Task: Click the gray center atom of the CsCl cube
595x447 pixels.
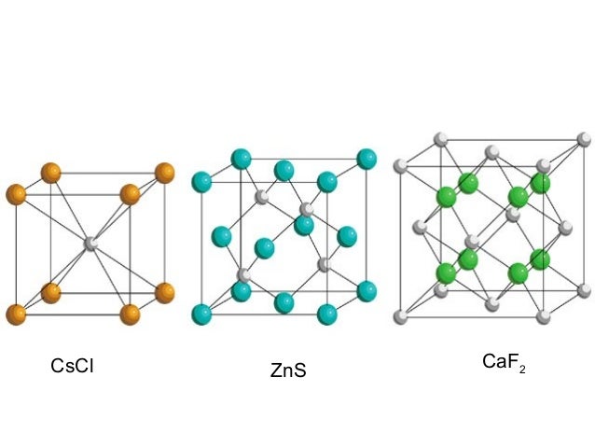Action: pos(91,243)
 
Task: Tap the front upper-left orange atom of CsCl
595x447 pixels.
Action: pos(16,194)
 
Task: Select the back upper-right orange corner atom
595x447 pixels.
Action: pos(164,173)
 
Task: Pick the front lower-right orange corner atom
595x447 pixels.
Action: pos(130,314)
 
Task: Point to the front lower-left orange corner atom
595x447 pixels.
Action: pos(16,314)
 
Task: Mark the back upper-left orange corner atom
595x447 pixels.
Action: pos(50,173)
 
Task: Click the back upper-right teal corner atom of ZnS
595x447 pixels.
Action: pos(367,159)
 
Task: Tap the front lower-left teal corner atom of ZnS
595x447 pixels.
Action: pos(201,313)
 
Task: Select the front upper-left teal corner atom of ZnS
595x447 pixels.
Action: pos(201,180)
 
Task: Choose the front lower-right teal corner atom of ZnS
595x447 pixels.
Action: pos(327,313)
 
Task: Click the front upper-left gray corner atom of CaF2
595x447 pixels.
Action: pos(402,167)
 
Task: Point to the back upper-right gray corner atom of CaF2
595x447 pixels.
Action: pos(584,140)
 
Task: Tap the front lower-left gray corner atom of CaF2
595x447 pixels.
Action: pos(402,314)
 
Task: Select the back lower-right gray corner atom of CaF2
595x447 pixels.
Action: pos(584,291)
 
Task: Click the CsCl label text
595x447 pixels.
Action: pos(72,366)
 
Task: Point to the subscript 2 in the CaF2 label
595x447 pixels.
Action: pos(522,369)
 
